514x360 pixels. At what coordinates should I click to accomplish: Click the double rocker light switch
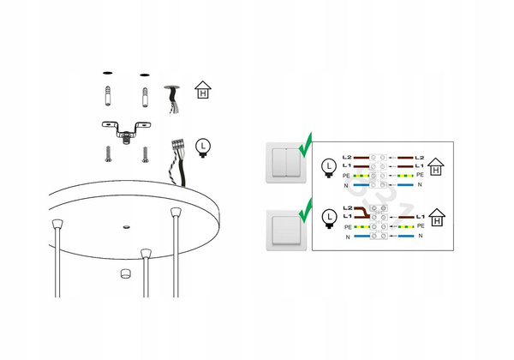pyautogui.click(x=286, y=163)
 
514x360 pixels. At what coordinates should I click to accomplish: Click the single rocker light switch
pyautogui.click(x=286, y=231)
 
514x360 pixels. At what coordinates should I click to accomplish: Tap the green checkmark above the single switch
pyautogui.click(x=306, y=211)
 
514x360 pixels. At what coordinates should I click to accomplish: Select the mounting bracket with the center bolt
pyautogui.click(x=126, y=132)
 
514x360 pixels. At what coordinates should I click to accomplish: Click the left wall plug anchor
pyautogui.click(x=108, y=96)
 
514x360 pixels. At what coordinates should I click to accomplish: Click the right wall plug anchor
pyautogui.click(x=145, y=98)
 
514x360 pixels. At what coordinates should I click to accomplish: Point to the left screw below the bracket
pyautogui.click(x=108, y=154)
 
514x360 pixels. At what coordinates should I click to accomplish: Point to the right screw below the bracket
pyautogui.click(x=146, y=155)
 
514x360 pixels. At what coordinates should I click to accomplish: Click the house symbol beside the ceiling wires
pyautogui.click(x=203, y=90)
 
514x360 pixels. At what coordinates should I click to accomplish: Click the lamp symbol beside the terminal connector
pyautogui.click(x=203, y=148)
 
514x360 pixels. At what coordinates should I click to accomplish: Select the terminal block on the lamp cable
pyautogui.click(x=177, y=145)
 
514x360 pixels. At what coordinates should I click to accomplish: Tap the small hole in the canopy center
pyautogui.click(x=126, y=226)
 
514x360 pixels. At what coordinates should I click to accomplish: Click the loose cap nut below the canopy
pyautogui.click(x=126, y=273)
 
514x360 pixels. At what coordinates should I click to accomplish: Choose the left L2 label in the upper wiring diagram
pyautogui.click(x=347, y=158)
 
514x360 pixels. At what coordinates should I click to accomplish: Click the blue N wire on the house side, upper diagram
pyautogui.click(x=405, y=185)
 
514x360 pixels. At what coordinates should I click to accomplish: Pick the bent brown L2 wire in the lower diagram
pyautogui.click(x=362, y=212)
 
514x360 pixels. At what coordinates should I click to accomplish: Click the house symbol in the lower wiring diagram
pyautogui.click(x=437, y=218)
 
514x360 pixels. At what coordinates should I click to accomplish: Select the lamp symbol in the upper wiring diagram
pyautogui.click(x=329, y=168)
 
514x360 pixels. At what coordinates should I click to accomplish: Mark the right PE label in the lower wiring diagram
pyautogui.click(x=421, y=226)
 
